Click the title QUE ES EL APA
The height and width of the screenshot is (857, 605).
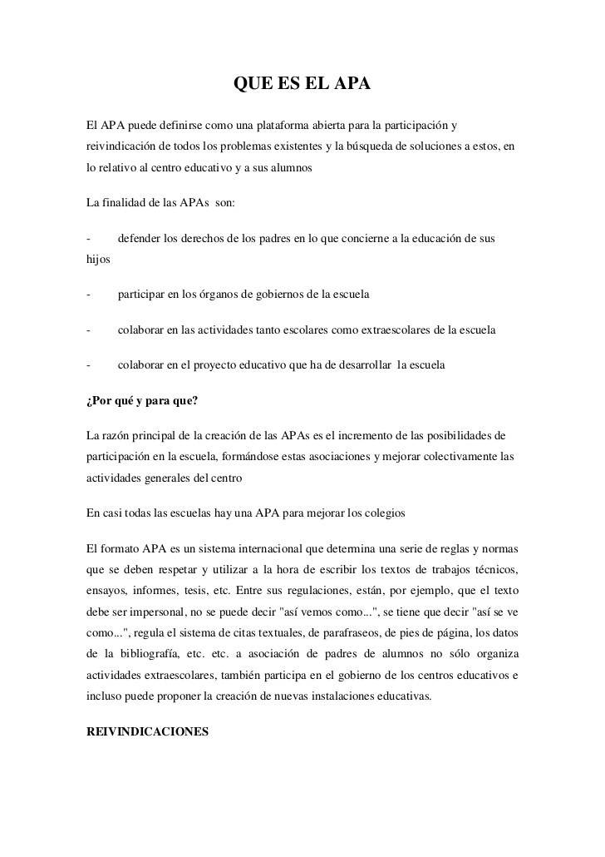[302, 85]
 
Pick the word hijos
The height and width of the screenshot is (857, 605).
[98, 260]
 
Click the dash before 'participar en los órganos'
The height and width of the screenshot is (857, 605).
[88, 295]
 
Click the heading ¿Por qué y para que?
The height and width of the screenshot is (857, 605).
[142, 400]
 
